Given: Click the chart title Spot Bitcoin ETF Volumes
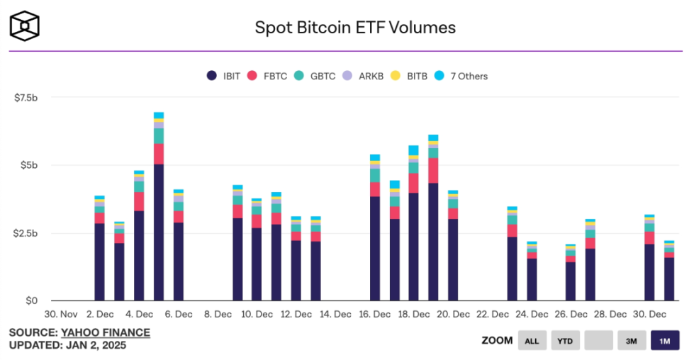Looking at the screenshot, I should (355, 28).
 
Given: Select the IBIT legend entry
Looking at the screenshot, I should (225, 76).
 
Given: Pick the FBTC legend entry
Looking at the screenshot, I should (268, 76).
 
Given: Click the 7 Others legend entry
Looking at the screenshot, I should (462, 76).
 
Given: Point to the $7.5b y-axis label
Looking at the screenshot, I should (26, 97).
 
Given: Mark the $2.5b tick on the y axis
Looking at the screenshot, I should (26, 233).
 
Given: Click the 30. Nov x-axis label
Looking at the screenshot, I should (61, 314).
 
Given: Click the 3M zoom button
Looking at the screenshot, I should (631, 341).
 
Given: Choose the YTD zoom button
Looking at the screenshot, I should (564, 341).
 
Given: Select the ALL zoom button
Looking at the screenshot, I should (532, 341).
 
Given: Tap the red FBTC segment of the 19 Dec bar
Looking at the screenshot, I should (433, 171).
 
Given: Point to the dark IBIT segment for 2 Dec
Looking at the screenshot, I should (100, 262).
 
